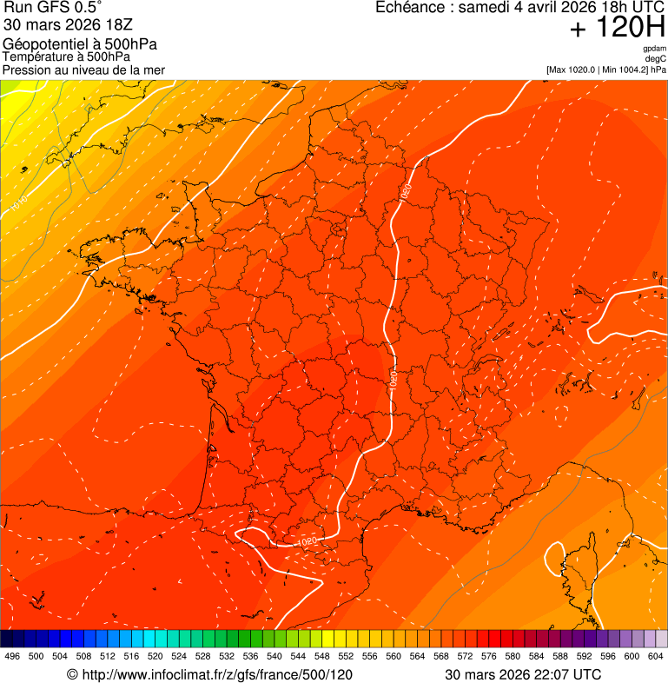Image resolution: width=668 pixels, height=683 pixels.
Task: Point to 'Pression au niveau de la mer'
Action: click(83, 70)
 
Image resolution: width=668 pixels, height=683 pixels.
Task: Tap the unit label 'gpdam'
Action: click(654, 49)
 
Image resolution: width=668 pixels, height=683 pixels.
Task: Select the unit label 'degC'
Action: click(656, 58)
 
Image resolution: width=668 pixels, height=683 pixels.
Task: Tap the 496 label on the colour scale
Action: click(12, 657)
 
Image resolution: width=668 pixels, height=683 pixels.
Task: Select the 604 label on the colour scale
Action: click(656, 657)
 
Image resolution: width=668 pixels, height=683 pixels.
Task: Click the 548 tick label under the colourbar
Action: click(322, 657)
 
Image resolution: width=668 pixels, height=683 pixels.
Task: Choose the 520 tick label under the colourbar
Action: click(155, 657)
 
